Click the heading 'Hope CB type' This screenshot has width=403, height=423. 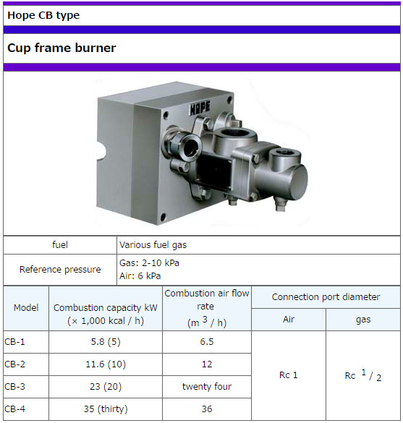click(43, 16)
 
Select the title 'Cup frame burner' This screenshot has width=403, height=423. click(61, 48)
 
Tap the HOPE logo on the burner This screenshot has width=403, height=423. click(200, 108)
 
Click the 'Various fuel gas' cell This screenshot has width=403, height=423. click(153, 245)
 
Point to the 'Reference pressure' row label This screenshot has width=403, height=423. click(60, 270)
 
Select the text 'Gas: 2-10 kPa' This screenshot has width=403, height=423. click(149, 263)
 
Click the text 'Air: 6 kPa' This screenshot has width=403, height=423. click(140, 276)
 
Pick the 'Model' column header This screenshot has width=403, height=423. click(26, 308)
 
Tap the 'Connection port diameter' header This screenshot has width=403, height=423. click(326, 297)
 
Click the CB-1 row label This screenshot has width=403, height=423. click(14, 342)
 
